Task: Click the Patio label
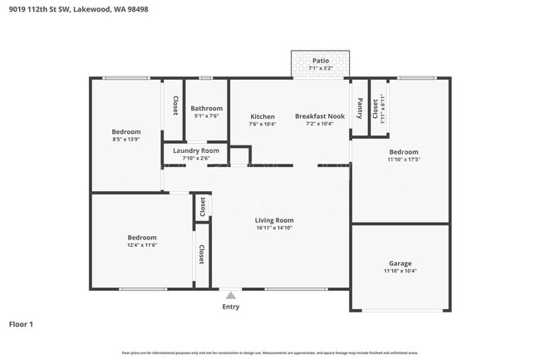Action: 320,61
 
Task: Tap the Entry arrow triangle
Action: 231,294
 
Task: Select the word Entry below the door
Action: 231,307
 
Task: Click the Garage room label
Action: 400,263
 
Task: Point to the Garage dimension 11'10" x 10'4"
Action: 400,271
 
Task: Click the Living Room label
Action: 273,220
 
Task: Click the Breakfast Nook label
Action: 320,116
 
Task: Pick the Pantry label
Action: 360,108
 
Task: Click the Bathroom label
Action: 206,108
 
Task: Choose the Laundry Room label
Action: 196,150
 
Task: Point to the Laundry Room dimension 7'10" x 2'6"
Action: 196,158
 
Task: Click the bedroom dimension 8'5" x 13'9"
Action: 126,140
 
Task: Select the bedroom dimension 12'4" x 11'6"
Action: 142,245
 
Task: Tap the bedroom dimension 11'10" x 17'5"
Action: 404,160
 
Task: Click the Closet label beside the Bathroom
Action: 175,106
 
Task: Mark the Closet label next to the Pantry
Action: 375,107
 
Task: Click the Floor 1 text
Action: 21,323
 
